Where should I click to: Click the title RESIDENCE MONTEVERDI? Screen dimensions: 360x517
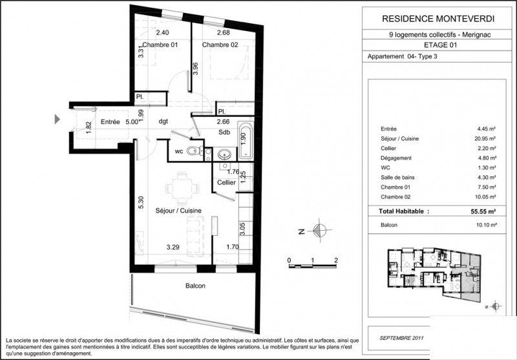point(434,19)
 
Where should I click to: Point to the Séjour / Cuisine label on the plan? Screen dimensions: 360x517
point(178,211)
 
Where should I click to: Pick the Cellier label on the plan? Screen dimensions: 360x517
point(226,183)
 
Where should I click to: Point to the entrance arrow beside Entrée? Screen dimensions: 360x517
point(58,119)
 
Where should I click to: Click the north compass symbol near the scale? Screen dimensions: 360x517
point(318,229)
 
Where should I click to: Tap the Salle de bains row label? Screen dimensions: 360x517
point(386,178)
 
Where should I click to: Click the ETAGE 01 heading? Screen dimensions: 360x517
point(434,45)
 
